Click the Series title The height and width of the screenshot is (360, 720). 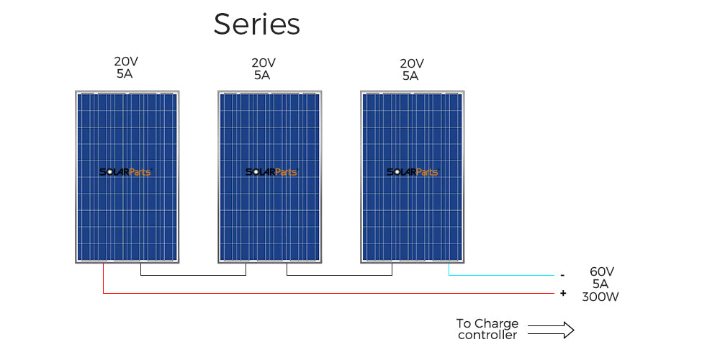256,25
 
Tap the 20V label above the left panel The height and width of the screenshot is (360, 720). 126,62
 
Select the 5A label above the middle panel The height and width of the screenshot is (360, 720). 261,75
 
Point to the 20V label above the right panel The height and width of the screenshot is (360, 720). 411,63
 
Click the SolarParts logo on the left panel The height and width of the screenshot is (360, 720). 125,172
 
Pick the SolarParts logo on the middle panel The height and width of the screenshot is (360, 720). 271,172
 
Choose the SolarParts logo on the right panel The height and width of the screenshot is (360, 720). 413,172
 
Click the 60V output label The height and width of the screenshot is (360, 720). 602,271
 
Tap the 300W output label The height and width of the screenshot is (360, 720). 600,297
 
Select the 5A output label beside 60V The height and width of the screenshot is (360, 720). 600,284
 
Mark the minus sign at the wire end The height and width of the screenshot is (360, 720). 562,275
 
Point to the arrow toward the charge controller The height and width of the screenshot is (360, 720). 551,330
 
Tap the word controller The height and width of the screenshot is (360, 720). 487,335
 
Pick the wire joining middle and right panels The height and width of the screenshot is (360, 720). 338,275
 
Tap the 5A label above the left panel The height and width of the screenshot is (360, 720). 123,73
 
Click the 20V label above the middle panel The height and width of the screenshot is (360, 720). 264,63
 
